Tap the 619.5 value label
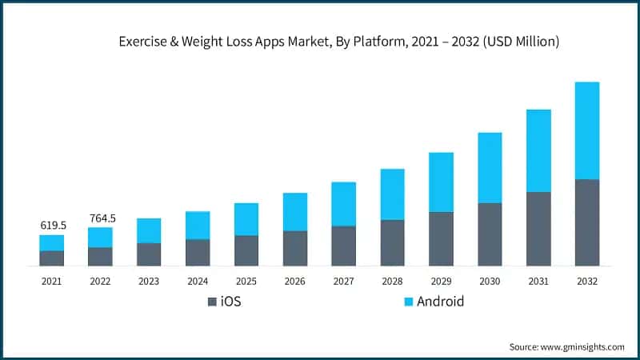(x=53, y=226)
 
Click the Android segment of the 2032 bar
(x=587, y=130)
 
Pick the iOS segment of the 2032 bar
(x=587, y=222)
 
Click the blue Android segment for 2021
(x=52, y=242)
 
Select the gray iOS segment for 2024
(x=198, y=252)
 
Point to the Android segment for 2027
(x=344, y=204)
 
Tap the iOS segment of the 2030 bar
(x=490, y=234)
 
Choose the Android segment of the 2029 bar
(x=441, y=182)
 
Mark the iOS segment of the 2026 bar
(x=295, y=248)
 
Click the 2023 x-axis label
(x=149, y=282)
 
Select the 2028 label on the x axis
(x=392, y=282)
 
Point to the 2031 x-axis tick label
(x=538, y=282)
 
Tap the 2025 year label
(x=246, y=282)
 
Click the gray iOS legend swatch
(x=212, y=302)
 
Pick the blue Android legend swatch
(x=407, y=302)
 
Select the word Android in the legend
(x=440, y=302)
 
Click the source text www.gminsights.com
(x=583, y=346)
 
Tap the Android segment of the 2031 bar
(x=538, y=150)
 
